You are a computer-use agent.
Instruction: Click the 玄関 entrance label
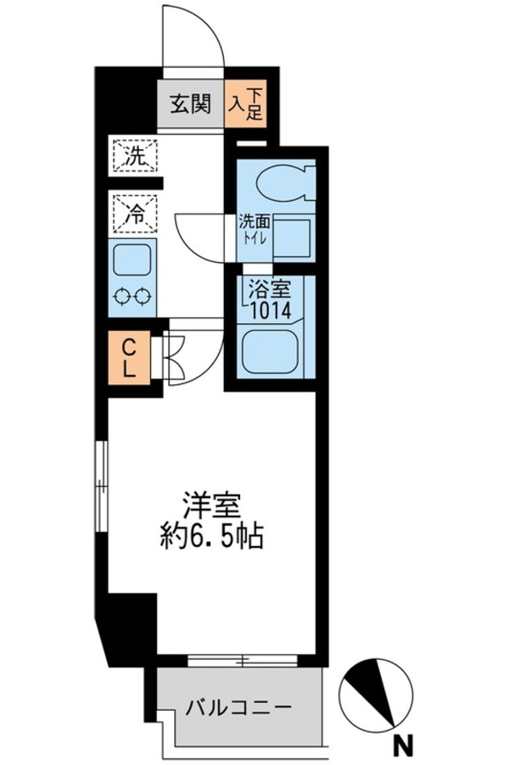coord(190,105)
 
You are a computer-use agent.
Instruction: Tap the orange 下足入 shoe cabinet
coord(246,104)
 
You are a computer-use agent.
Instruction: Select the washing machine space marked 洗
coord(134,155)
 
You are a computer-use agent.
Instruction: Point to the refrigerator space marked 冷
coord(134,212)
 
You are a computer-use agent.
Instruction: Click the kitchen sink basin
coord(133,258)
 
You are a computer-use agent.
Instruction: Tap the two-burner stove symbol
coord(134,297)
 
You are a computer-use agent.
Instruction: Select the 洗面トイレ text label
coord(254,230)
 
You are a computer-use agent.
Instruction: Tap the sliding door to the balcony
coord(243,659)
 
